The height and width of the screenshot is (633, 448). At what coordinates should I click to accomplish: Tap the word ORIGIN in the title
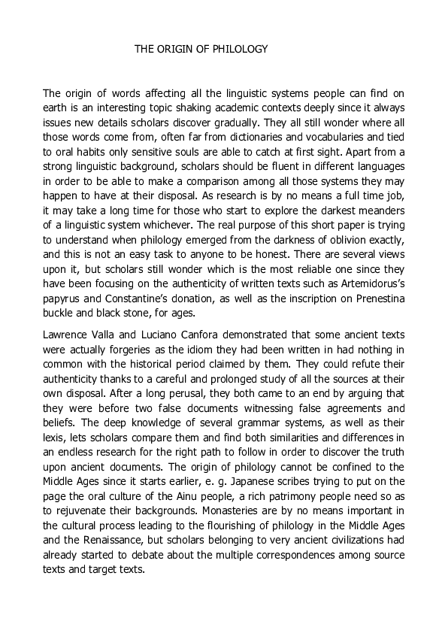[175, 49]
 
